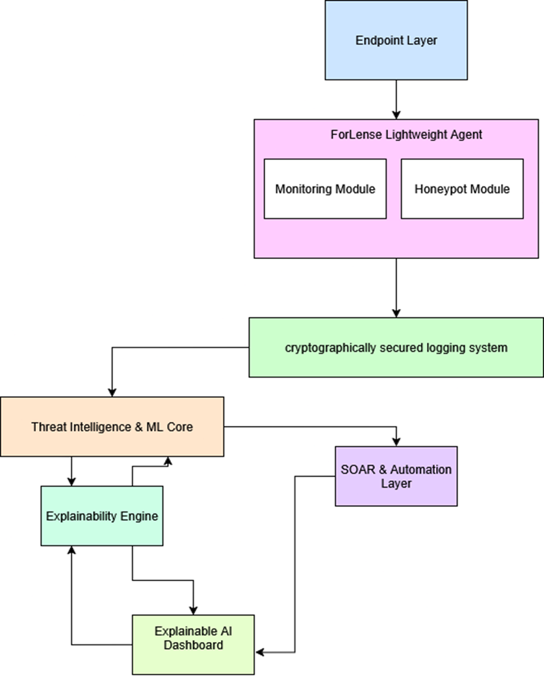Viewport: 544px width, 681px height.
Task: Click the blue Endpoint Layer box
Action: pos(396,40)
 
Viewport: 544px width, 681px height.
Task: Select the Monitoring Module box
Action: pos(325,189)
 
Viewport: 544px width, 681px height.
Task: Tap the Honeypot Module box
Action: pos(461,189)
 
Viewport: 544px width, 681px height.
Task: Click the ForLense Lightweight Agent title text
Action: pos(396,135)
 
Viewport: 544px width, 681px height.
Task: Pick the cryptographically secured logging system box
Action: pos(396,347)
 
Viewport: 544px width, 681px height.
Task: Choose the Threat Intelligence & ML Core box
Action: pos(112,427)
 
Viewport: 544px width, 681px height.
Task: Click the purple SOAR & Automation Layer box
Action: pos(396,476)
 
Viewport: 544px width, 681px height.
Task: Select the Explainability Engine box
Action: pos(102,516)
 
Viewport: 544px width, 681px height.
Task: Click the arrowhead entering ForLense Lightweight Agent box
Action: pos(396,114)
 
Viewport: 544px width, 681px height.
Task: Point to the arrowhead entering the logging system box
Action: pos(396,313)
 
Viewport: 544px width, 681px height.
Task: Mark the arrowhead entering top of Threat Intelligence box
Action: pos(112,392)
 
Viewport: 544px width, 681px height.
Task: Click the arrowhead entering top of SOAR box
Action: pos(396,441)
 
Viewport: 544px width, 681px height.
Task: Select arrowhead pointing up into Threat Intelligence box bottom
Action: pos(168,461)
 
